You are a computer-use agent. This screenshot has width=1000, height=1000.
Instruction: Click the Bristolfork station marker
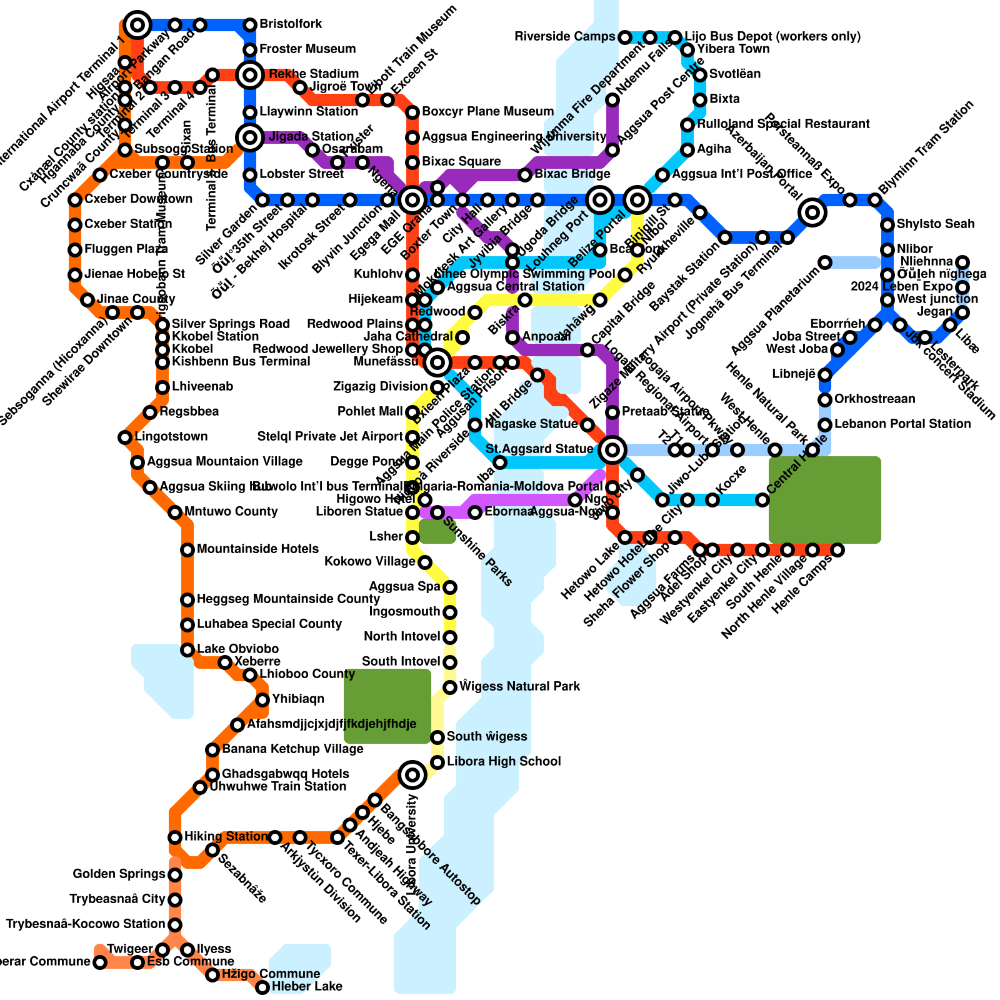250,25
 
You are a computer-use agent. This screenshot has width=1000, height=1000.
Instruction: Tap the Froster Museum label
307,49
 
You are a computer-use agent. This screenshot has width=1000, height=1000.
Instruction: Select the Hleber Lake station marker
262,987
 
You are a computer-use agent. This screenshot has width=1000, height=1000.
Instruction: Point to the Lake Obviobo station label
237,649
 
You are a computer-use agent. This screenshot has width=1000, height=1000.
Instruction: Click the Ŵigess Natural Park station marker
450,687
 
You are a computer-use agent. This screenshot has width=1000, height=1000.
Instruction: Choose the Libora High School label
504,761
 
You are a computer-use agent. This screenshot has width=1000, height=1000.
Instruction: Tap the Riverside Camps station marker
625,37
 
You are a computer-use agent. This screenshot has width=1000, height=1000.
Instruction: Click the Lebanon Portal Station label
902,424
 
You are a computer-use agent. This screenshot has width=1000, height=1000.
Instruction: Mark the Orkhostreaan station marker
825,400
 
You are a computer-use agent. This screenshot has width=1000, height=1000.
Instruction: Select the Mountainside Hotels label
257,549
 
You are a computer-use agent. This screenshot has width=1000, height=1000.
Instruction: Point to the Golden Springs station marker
175,875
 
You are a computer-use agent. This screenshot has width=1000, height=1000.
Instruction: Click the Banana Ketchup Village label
284,749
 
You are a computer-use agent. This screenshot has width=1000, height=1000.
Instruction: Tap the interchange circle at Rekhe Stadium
250,75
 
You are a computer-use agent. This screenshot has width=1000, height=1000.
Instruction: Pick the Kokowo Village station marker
425,562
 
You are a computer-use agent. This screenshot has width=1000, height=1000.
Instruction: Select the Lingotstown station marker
125,437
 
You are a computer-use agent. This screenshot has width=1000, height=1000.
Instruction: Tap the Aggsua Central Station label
516,286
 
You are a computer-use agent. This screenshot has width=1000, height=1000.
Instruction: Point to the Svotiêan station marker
700,75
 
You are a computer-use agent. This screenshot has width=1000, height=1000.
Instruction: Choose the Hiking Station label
226,836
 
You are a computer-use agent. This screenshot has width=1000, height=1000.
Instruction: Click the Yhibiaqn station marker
262,700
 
